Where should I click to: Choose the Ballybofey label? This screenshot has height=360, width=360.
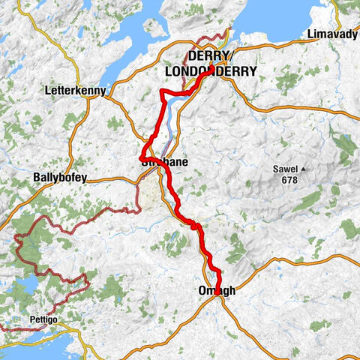coord(61,178)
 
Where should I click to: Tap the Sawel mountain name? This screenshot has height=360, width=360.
coord(289,169)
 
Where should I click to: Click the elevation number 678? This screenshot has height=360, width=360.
coord(289,180)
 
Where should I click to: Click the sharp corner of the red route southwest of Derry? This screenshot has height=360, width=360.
coord(163,91)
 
